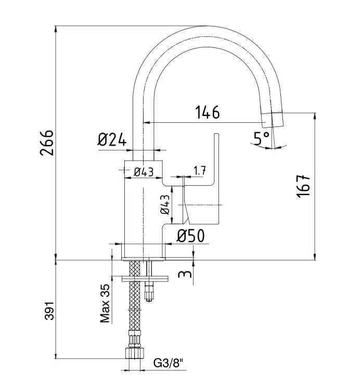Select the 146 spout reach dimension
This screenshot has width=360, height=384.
208,112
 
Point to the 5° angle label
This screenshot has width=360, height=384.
261,138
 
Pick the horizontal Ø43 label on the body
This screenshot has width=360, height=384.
144,172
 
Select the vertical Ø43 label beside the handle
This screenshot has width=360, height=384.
165,204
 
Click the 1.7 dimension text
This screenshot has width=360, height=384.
200,170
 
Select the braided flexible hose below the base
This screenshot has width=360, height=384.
135,307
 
